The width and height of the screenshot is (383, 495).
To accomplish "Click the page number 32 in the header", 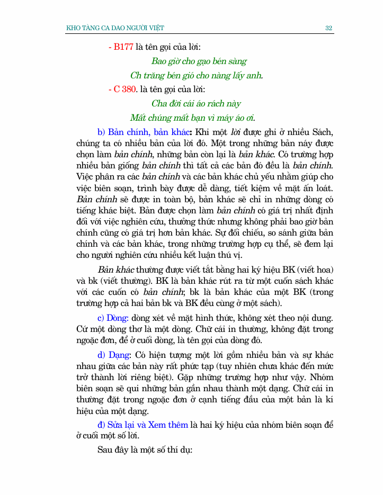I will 328,28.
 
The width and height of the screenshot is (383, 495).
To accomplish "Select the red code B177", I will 123,47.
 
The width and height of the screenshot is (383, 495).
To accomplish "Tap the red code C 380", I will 125,89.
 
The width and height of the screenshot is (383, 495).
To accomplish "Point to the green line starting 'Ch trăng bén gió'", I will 197,76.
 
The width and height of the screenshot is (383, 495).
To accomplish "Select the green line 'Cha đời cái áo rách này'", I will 196,104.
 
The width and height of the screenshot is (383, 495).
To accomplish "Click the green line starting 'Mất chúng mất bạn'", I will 196,118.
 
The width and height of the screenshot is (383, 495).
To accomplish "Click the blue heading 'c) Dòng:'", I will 113,318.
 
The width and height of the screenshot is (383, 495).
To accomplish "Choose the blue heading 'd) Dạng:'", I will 114,355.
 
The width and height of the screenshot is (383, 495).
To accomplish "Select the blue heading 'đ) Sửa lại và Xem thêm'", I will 143,425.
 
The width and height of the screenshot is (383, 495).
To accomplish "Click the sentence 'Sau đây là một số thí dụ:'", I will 145,451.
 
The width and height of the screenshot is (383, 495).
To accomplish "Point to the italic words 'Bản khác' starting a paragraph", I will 116,270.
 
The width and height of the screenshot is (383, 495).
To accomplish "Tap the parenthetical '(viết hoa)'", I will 315,270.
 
